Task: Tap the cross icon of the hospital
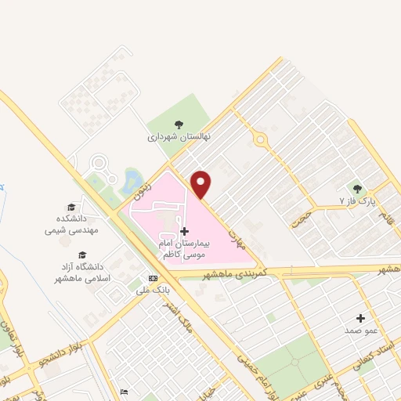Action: [184, 231]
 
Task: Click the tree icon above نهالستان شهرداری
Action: [179, 123]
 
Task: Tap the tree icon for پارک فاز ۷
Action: [358, 188]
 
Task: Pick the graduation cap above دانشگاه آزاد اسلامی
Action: [81, 255]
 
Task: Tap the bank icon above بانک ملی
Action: [153, 278]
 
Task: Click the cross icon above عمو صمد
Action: [360, 318]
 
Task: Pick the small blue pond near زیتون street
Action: [128, 182]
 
